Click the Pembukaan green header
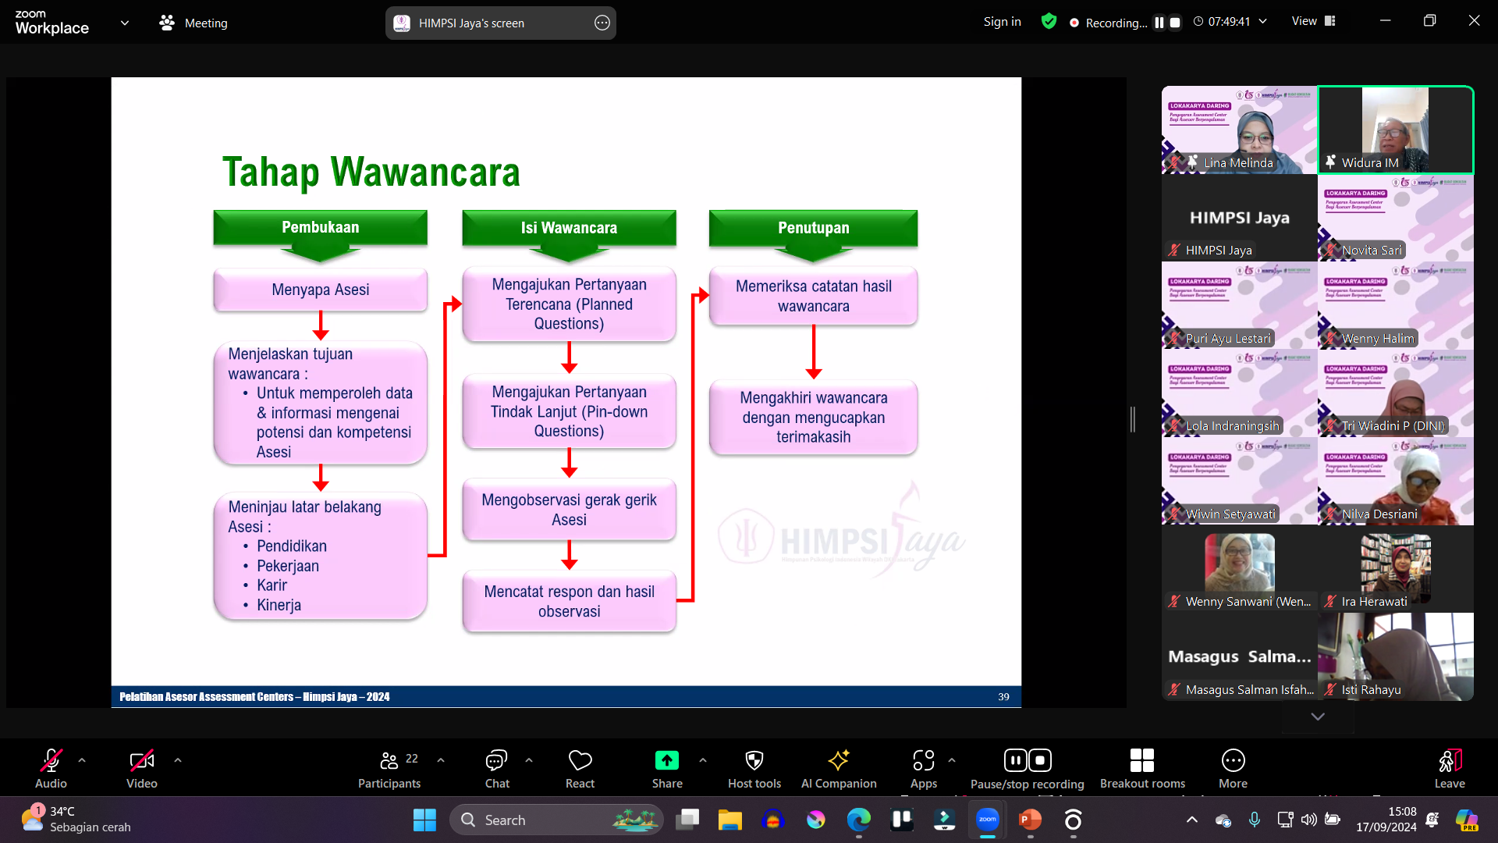click(x=320, y=228)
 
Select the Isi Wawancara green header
click(x=569, y=228)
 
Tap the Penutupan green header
click(x=813, y=228)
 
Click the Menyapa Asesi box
click(x=320, y=290)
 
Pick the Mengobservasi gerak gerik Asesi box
click(x=569, y=510)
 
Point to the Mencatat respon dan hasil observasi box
click(x=569, y=601)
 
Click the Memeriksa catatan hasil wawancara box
click(x=813, y=296)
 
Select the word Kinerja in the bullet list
click(x=279, y=605)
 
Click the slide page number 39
click(x=1003, y=696)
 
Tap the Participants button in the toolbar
click(x=389, y=769)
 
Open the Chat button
click(x=496, y=769)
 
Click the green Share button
click(x=667, y=769)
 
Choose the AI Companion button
click(x=839, y=769)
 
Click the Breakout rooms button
click(x=1142, y=769)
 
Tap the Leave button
click(x=1450, y=769)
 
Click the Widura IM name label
click(x=1369, y=162)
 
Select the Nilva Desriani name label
click(x=1379, y=514)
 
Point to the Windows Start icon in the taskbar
click(x=424, y=820)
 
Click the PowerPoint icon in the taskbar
click(x=1030, y=820)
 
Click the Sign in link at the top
click(x=1002, y=22)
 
